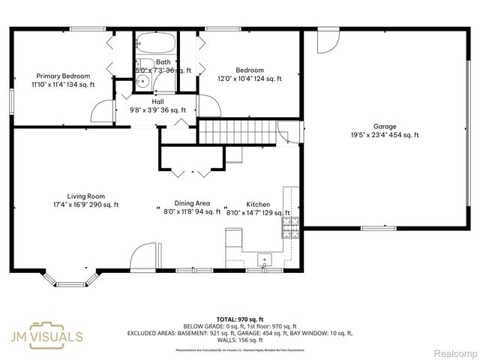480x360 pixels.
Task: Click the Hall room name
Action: pyautogui.click(x=157, y=101)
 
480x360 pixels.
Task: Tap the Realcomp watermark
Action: pyautogui.click(x=451, y=352)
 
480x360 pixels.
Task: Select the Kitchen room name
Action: pyautogui.click(x=258, y=204)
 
